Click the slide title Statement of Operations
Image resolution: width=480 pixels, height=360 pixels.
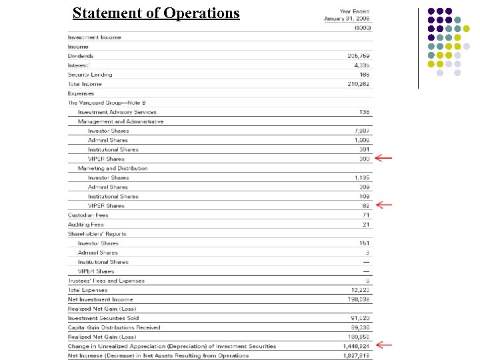(156, 13)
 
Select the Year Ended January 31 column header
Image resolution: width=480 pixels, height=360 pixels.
(347, 15)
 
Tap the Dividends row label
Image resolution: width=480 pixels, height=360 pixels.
(81, 56)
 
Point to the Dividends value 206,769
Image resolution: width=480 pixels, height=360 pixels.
(359, 56)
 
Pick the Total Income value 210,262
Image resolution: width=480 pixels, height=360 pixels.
(359, 84)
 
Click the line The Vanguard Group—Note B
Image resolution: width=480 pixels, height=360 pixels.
(107, 103)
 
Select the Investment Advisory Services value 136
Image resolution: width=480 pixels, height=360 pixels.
(364, 112)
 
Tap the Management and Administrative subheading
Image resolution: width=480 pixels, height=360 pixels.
(121, 121)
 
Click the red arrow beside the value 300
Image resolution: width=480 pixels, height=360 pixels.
(383, 159)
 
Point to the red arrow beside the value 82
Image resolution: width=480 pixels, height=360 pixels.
(383, 205)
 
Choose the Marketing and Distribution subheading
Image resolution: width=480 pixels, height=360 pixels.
(113, 168)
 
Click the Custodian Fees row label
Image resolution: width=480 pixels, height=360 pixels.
(88, 215)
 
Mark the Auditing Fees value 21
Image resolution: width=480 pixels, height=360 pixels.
(366, 225)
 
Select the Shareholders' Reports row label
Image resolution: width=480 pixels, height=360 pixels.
(97, 234)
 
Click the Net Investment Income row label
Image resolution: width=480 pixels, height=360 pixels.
(100, 299)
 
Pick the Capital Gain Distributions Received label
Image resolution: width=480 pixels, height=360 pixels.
(114, 327)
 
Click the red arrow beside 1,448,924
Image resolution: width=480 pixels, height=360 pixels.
(383, 345)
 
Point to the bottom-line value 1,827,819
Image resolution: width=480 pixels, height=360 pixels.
(357, 355)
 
